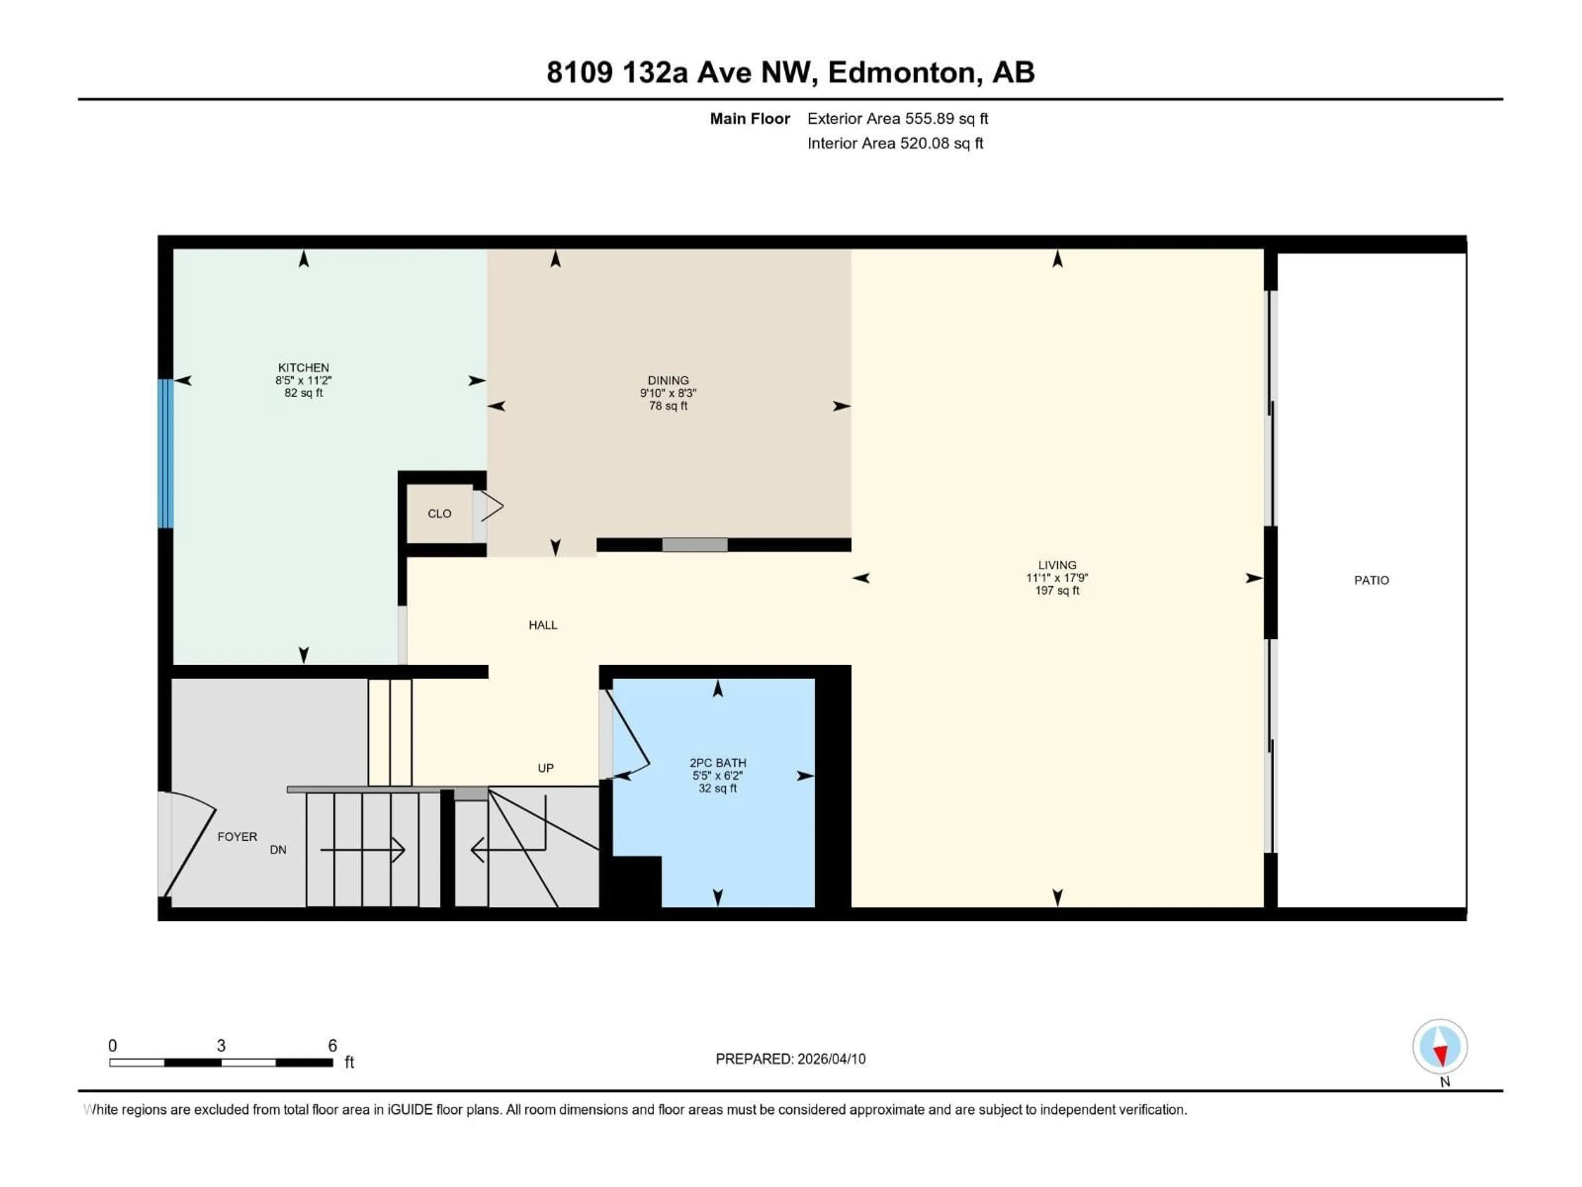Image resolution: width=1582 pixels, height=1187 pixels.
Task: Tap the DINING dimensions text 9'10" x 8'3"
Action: click(668, 393)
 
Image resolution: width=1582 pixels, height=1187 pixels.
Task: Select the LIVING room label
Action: click(1057, 565)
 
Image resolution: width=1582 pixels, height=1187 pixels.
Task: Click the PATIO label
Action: click(1371, 580)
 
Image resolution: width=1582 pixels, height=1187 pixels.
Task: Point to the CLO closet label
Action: click(439, 514)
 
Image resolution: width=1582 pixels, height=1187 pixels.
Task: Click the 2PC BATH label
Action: click(717, 763)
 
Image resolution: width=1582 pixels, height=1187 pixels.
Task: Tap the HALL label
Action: click(543, 625)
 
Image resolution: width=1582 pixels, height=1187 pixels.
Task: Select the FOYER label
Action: click(237, 836)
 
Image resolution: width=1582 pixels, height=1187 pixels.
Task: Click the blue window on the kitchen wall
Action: click(165, 454)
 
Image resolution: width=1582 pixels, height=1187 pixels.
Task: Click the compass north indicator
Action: click(1440, 1047)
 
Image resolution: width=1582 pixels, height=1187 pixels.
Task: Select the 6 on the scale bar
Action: click(332, 1045)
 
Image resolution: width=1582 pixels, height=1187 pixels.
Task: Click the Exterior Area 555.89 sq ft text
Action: click(898, 119)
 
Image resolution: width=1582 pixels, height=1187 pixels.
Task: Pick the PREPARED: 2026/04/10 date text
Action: click(790, 1059)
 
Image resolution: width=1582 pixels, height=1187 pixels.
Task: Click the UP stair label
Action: click(546, 768)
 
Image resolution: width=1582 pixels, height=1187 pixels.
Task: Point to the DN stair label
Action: click(278, 850)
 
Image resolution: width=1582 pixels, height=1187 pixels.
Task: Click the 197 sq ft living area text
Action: click(1057, 590)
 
